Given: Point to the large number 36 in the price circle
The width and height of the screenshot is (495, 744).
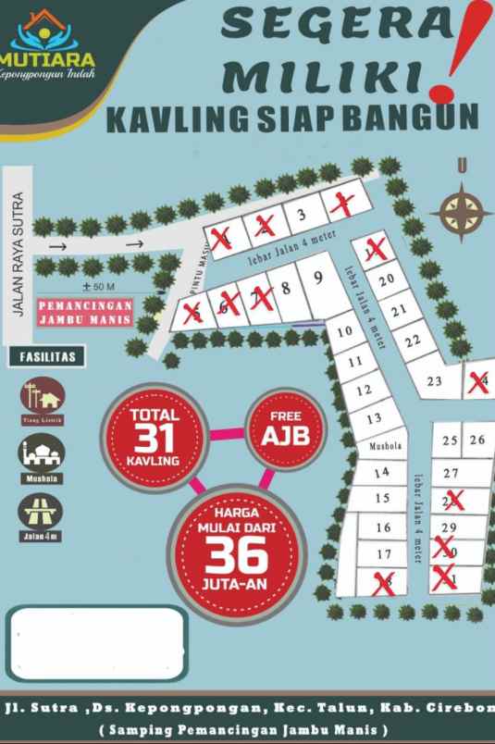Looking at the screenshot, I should click(x=236, y=554).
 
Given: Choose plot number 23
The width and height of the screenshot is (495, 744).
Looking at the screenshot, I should click(x=434, y=381).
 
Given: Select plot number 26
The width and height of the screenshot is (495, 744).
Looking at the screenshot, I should click(x=477, y=440).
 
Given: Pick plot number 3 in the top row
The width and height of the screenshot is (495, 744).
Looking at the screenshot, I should click(x=301, y=217).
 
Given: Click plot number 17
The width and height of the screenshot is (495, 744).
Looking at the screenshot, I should click(x=384, y=554).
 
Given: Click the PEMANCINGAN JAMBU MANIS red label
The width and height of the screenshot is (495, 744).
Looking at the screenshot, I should click(x=85, y=310).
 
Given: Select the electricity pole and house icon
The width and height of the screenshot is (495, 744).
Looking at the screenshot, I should click(x=42, y=397).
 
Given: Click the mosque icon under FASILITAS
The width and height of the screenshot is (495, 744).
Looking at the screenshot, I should click(x=42, y=454).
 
